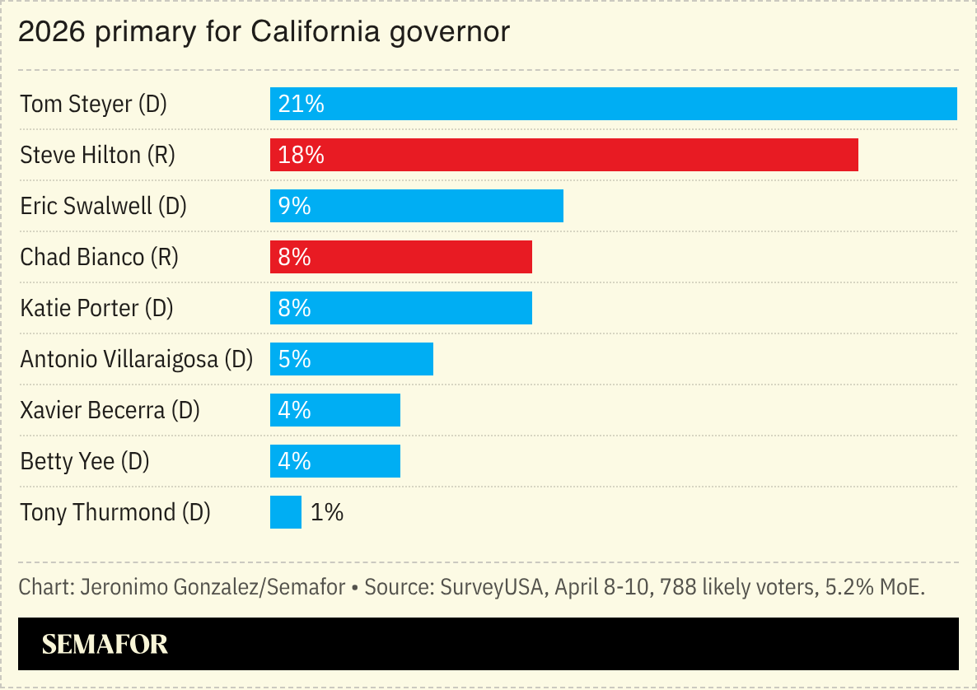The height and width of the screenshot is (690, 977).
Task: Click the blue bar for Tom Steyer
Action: tap(614, 104)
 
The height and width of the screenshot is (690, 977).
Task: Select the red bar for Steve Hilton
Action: tap(564, 155)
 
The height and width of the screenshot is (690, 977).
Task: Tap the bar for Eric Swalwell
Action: tap(417, 206)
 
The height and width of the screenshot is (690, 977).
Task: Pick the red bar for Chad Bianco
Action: tap(401, 257)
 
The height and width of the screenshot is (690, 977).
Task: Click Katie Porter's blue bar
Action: tap(401, 308)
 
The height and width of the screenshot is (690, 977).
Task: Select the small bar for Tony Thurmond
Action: tap(286, 512)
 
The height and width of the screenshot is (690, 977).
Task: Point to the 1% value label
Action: tap(327, 513)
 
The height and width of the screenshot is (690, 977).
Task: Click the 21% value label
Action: tap(302, 105)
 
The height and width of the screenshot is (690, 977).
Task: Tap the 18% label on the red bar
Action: tap(302, 156)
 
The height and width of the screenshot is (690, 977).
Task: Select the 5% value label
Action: tap(295, 360)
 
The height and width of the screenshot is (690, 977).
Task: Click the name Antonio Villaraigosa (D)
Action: tap(136, 360)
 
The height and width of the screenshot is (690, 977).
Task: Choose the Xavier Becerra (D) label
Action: tap(110, 411)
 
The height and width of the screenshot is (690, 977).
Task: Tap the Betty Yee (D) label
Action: tap(84, 462)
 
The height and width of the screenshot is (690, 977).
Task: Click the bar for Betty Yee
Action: tap(335, 461)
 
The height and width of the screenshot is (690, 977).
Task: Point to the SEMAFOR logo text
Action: tap(105, 644)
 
